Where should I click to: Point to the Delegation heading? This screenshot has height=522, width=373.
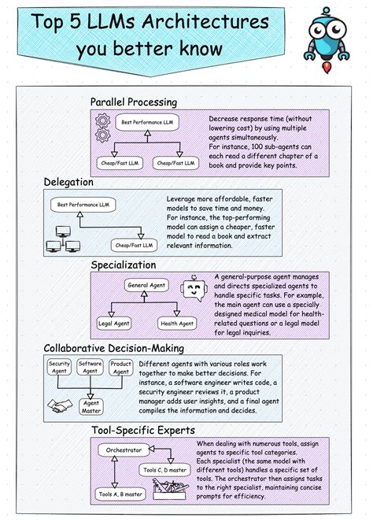click(x=68, y=182)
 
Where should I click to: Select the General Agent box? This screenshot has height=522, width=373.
click(x=147, y=285)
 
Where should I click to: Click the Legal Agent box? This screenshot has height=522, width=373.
click(x=113, y=323)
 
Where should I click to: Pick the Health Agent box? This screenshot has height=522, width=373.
click(x=176, y=323)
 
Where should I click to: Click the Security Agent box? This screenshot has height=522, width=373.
click(x=60, y=367)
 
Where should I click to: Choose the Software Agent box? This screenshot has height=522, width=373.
click(x=90, y=367)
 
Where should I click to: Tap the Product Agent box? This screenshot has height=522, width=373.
click(x=120, y=367)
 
